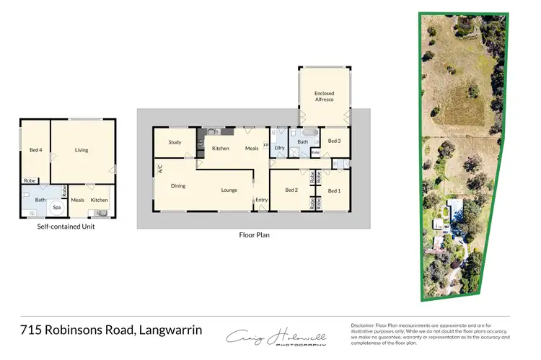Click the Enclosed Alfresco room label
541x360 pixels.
(324, 97)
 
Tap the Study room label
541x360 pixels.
(175, 142)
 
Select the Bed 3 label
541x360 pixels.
(334, 141)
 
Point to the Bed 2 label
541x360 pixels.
(291, 190)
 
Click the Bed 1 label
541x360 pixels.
(334, 190)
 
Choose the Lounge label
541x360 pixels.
(229, 190)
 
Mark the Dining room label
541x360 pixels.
(178, 185)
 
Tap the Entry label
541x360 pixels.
(261, 200)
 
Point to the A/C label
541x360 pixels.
(160, 169)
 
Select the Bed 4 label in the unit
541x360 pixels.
(35, 150)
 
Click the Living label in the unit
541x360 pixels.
(82, 150)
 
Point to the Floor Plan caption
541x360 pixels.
(254, 235)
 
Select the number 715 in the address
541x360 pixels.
(31, 330)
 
